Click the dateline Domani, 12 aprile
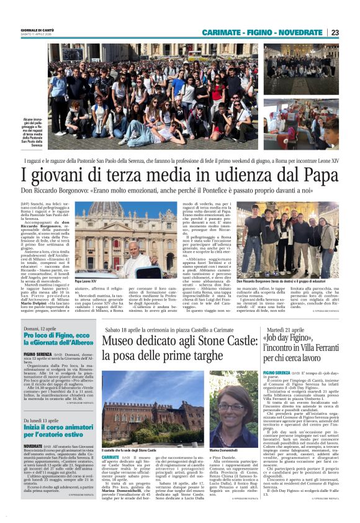(x=43, y=328)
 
